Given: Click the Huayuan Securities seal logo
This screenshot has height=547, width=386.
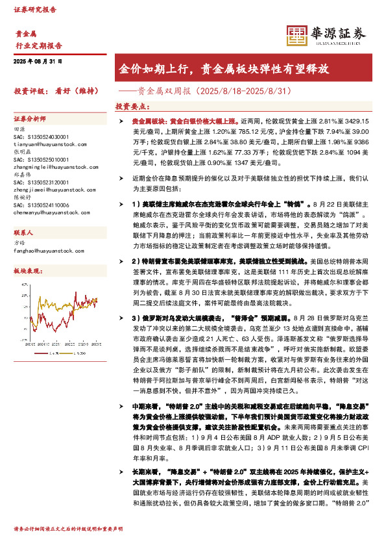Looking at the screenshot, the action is [296, 34].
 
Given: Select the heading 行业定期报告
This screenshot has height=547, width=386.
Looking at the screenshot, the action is [38, 45].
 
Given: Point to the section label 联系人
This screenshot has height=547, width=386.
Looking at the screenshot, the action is [24, 232].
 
